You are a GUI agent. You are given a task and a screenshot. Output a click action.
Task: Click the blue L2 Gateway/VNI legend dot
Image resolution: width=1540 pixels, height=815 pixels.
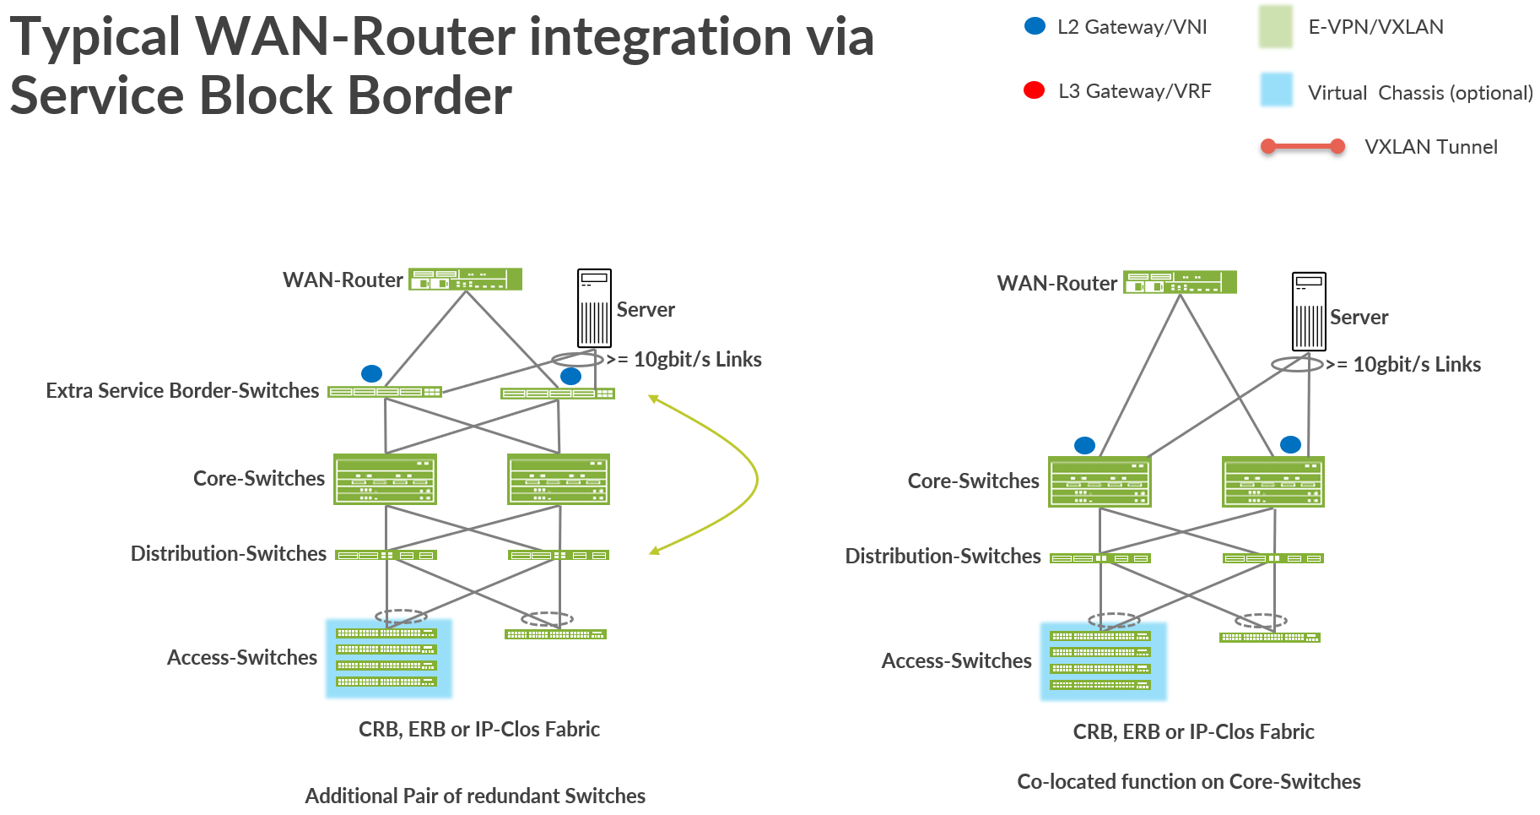point(1035,26)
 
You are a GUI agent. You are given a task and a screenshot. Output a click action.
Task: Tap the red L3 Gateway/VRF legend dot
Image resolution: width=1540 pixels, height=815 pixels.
point(1034,90)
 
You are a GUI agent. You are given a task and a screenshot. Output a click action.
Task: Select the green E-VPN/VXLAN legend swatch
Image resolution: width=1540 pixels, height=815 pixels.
point(1275,26)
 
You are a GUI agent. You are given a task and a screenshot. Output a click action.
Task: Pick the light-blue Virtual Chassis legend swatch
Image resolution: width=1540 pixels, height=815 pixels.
point(1276,90)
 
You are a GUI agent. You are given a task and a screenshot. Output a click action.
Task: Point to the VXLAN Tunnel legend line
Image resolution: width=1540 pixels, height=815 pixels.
point(1302,146)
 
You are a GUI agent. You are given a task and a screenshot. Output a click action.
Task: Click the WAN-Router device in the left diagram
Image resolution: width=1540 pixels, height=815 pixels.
point(465,280)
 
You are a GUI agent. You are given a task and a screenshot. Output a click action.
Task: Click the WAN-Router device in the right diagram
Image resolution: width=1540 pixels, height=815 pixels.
point(1180,282)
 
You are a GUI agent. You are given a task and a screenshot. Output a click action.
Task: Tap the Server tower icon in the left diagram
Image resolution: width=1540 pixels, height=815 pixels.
point(594,308)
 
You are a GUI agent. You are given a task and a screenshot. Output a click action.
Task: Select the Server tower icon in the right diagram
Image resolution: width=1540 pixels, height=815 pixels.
point(1309,312)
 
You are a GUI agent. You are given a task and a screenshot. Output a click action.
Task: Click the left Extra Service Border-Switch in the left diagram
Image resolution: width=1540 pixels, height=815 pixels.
point(385,392)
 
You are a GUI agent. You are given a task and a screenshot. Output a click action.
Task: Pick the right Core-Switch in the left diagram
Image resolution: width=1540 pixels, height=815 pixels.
point(559,479)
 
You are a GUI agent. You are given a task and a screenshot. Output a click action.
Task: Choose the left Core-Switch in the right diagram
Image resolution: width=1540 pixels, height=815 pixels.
point(1100,482)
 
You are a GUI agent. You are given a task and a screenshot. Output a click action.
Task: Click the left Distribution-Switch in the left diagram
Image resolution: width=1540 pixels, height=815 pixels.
point(386,555)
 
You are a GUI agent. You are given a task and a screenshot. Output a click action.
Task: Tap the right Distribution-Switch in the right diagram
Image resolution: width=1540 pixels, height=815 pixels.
point(1273,558)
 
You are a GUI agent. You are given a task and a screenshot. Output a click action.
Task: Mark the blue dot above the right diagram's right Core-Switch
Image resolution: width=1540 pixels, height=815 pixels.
point(1290,444)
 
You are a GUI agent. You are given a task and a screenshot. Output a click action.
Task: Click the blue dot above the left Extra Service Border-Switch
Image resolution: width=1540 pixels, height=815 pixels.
point(371,373)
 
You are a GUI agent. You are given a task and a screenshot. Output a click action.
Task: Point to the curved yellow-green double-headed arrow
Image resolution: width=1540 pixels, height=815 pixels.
point(756,478)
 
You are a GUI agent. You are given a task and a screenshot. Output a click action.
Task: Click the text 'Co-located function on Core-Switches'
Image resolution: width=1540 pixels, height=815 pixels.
point(1188,782)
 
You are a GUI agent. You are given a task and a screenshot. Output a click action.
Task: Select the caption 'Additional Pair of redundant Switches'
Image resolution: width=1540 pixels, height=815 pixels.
point(475,796)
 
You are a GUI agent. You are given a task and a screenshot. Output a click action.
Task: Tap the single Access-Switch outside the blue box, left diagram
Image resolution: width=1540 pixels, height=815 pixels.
point(555,634)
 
